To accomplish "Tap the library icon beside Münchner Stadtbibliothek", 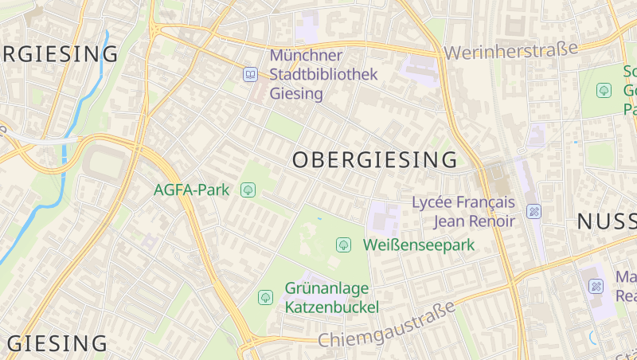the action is (x=250, y=75).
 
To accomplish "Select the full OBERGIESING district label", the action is (x=375, y=160).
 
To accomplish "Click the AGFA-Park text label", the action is (x=191, y=190).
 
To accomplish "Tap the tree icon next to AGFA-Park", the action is (x=248, y=190).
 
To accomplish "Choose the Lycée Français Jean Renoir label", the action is (x=463, y=211).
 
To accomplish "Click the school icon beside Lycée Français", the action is (x=534, y=211).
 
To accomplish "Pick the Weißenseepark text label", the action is (x=419, y=245).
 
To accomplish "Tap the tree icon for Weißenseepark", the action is (x=344, y=245).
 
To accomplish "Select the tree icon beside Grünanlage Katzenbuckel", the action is (x=266, y=297).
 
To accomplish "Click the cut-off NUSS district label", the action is (x=606, y=221).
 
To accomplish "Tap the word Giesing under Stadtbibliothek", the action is (x=296, y=94).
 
